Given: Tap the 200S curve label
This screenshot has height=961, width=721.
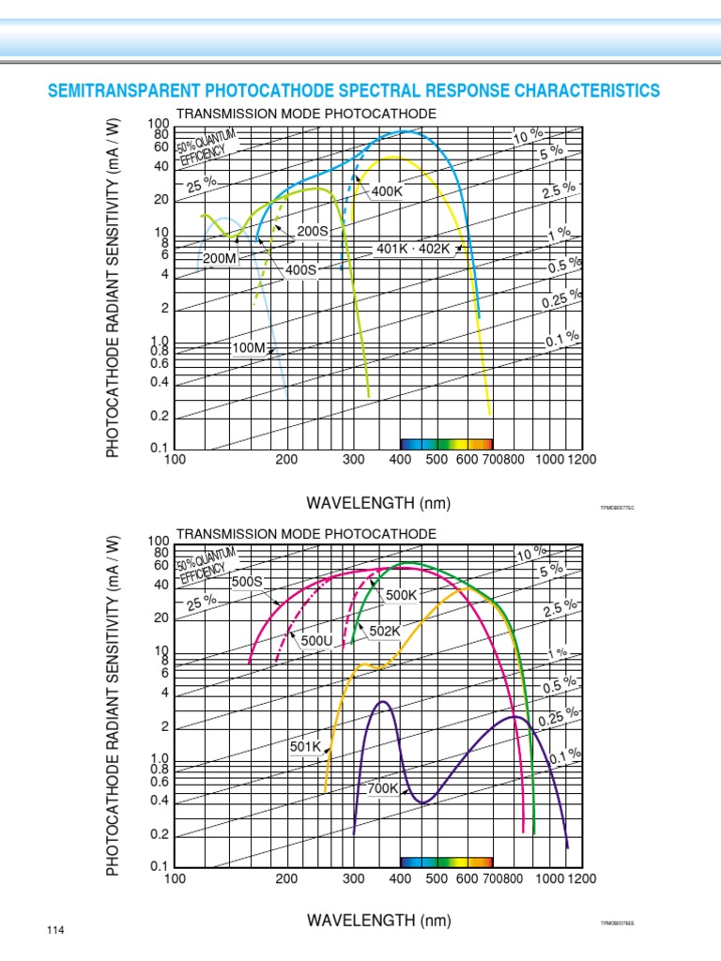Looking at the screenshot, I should pyautogui.click(x=314, y=231).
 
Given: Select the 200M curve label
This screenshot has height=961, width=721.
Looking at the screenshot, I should pyautogui.click(x=219, y=258).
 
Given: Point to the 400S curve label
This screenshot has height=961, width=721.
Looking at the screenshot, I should pyautogui.click(x=301, y=269).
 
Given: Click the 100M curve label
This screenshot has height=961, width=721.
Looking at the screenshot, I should pyautogui.click(x=249, y=348).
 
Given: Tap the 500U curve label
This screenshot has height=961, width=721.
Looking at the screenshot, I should pyautogui.click(x=317, y=640).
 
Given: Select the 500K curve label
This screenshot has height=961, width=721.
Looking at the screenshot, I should pyautogui.click(x=401, y=595).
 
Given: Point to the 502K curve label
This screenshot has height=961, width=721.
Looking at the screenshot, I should pyautogui.click(x=385, y=631).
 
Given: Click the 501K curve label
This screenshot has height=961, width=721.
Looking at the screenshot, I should pyautogui.click(x=305, y=747).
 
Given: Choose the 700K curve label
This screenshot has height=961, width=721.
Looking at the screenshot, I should pyautogui.click(x=383, y=788).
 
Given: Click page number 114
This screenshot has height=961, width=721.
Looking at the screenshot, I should pyautogui.click(x=54, y=930).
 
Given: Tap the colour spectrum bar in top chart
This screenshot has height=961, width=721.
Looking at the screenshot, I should pyautogui.click(x=446, y=443).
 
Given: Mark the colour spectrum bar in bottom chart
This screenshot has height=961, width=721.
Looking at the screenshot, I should pyautogui.click(x=446, y=861).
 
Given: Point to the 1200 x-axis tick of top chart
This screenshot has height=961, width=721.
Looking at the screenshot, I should pyautogui.click(x=581, y=459).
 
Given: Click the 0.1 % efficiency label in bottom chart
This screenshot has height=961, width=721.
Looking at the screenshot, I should pyautogui.click(x=565, y=756).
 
